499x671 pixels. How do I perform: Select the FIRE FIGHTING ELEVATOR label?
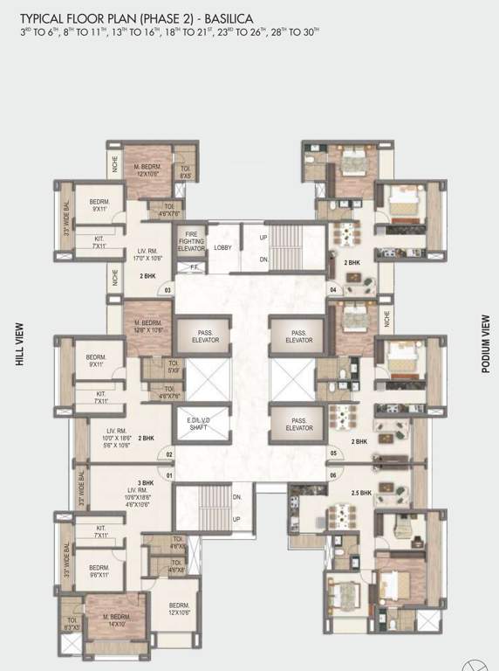pyautogui.click(x=191, y=241)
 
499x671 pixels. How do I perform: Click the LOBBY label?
pyautogui.click(x=222, y=247)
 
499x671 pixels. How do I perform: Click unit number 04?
pyautogui.click(x=332, y=289)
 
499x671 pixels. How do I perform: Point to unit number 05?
pyautogui.click(x=332, y=454)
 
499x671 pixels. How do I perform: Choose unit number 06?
pyautogui.click(x=332, y=475)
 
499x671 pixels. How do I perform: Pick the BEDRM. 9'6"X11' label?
pyautogui.click(x=98, y=571)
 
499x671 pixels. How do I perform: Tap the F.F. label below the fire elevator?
pyautogui.click(x=195, y=267)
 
